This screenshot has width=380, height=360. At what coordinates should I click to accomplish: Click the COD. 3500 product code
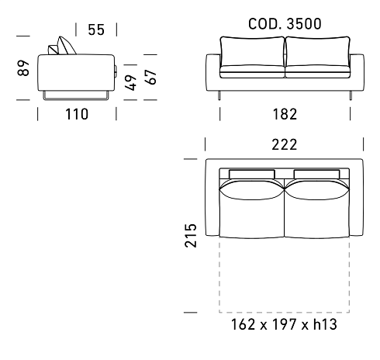(285, 24)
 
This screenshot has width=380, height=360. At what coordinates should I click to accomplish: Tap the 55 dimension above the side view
(96, 29)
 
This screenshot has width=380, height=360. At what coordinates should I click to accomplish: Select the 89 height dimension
(23, 68)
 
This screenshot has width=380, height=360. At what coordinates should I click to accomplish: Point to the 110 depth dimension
(77, 114)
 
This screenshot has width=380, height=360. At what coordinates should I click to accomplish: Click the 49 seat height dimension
(131, 83)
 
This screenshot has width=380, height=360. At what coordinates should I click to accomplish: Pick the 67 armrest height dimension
(150, 77)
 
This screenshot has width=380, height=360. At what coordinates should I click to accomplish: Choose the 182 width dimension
(285, 114)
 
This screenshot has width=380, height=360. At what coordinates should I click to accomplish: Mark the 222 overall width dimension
(285, 144)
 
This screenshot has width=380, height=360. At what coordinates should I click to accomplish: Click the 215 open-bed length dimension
(191, 236)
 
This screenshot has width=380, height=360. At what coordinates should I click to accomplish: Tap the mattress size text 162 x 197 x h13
(284, 324)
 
